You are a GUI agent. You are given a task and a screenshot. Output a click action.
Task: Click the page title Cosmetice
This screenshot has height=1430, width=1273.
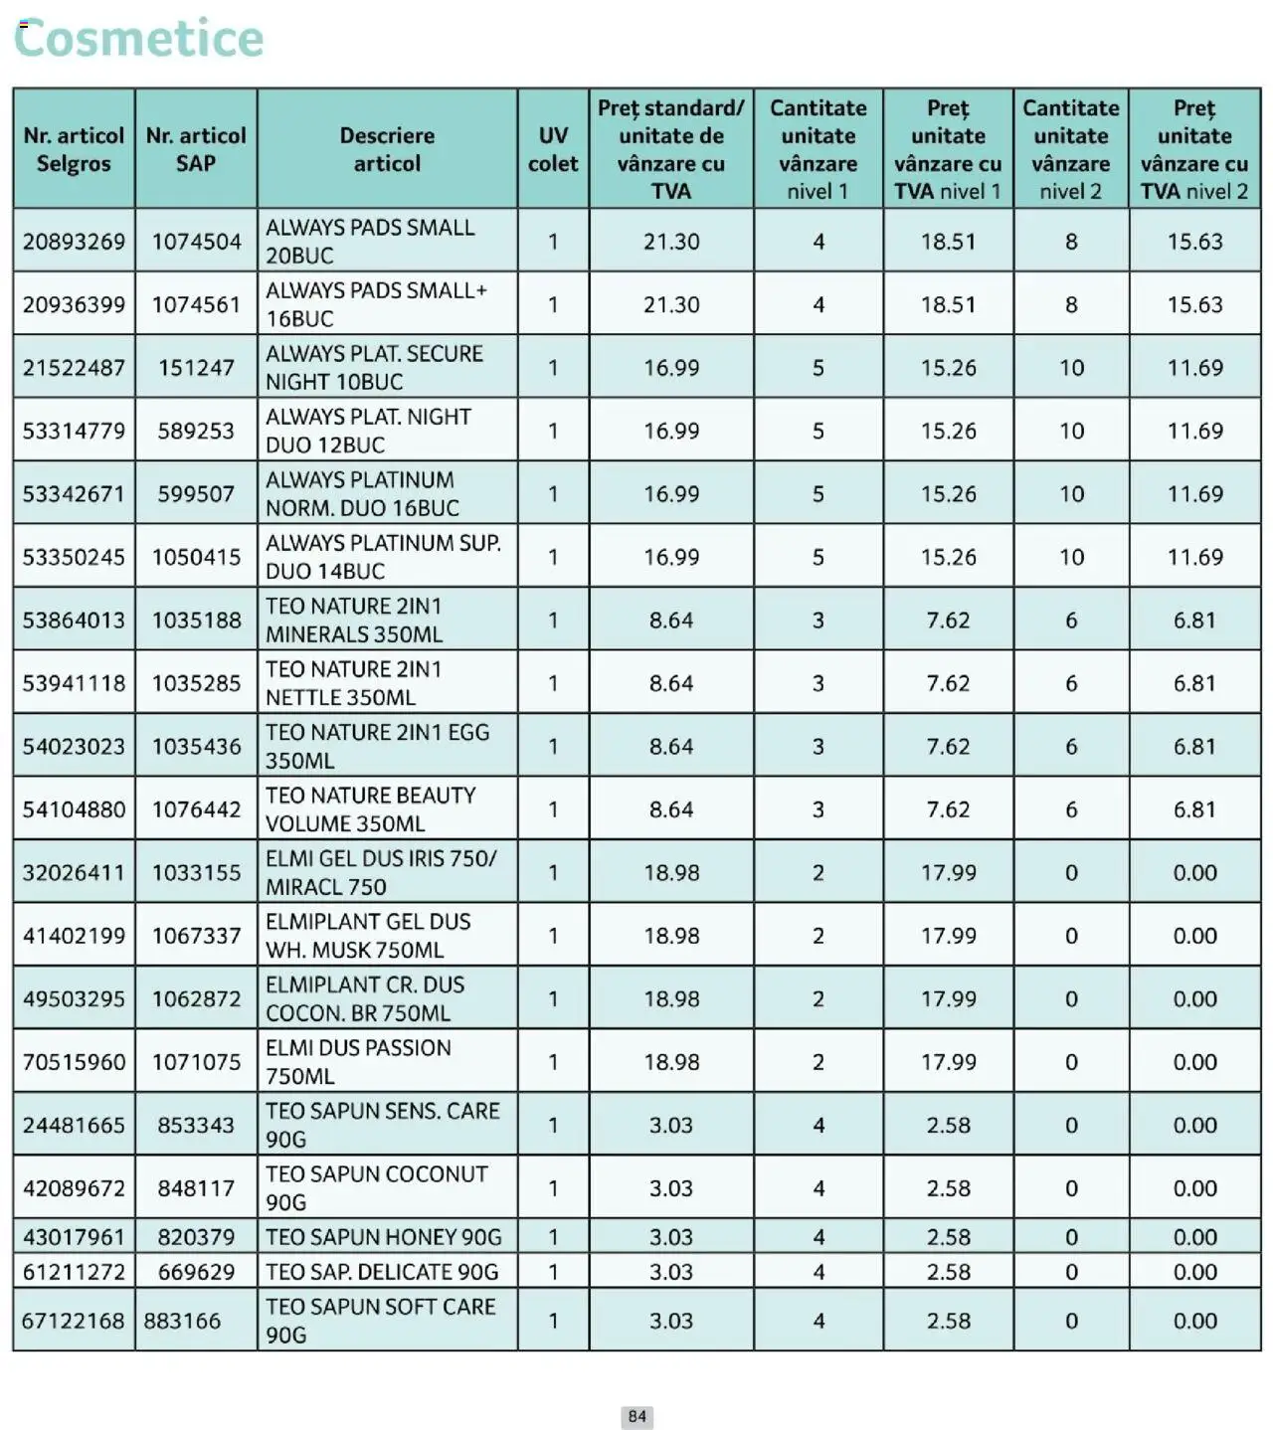(x=139, y=39)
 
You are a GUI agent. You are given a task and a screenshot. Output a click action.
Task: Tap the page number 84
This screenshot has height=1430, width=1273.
(x=636, y=1416)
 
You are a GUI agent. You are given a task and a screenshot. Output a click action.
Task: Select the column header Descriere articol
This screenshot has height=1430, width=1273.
(x=387, y=149)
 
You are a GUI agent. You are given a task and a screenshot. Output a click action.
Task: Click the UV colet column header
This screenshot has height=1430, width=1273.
(x=553, y=149)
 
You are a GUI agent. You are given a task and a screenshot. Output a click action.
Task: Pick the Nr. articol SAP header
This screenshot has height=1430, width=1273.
(x=196, y=149)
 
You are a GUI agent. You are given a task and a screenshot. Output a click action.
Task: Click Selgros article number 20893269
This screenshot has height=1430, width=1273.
(x=74, y=242)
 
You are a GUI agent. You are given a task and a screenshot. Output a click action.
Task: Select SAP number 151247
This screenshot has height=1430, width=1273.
(x=196, y=368)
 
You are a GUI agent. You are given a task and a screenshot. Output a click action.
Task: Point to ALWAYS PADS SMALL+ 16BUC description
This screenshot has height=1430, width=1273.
(x=376, y=304)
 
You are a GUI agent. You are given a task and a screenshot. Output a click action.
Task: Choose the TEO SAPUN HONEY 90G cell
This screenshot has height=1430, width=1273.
(x=383, y=1237)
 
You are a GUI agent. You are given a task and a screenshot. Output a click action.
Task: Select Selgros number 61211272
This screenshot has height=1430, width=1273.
(x=74, y=1272)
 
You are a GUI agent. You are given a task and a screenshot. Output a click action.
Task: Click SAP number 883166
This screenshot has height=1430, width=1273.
(x=182, y=1321)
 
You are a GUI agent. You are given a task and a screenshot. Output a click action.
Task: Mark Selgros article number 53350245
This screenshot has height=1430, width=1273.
(x=74, y=557)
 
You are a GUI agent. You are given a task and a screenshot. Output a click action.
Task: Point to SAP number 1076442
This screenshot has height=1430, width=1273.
(x=196, y=809)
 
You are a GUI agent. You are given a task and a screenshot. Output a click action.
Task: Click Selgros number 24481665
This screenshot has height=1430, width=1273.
(x=74, y=1125)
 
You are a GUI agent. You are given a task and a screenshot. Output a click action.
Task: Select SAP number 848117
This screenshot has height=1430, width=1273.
(x=196, y=1188)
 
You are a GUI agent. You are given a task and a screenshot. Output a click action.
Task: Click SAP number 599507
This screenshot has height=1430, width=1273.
(x=196, y=494)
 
